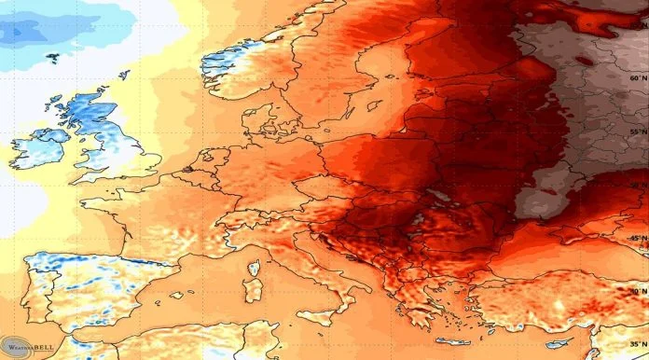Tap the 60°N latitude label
click(637, 78)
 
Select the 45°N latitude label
click(637, 239)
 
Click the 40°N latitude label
click(637, 290)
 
